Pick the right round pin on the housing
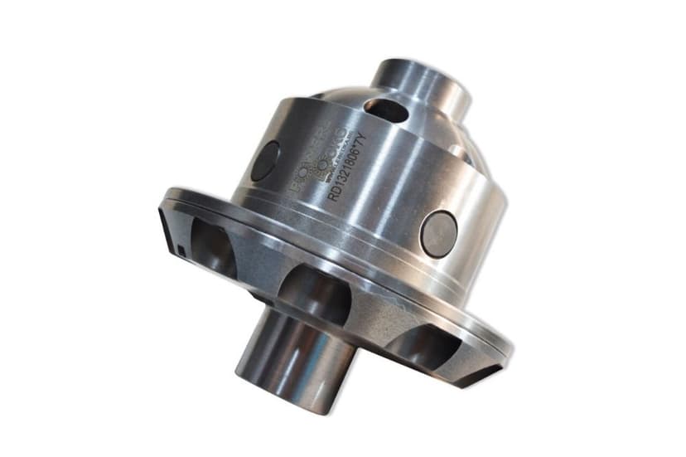click(x=438, y=232)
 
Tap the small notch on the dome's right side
click(x=455, y=151)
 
